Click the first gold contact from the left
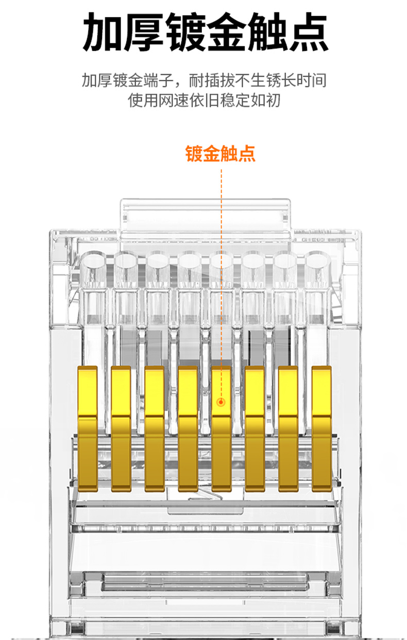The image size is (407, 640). pyautogui.click(x=88, y=428)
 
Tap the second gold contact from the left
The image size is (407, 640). pyautogui.click(x=121, y=428)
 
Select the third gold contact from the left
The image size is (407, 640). pyautogui.click(x=155, y=428)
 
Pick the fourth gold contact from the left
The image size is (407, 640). pyautogui.click(x=188, y=428)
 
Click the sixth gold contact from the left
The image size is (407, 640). pyautogui.click(x=255, y=428)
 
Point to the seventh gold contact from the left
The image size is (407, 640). pyautogui.click(x=288, y=428)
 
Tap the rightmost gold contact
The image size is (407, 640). pyautogui.click(x=321, y=428)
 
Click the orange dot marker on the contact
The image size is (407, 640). pyautogui.click(x=221, y=402)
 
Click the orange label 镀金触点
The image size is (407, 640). pyautogui.click(x=220, y=154)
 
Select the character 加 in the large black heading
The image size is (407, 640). pyautogui.click(x=103, y=32)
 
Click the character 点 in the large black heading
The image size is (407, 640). pyautogui.click(x=308, y=32)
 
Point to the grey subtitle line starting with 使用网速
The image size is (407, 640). pyautogui.click(x=204, y=100)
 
